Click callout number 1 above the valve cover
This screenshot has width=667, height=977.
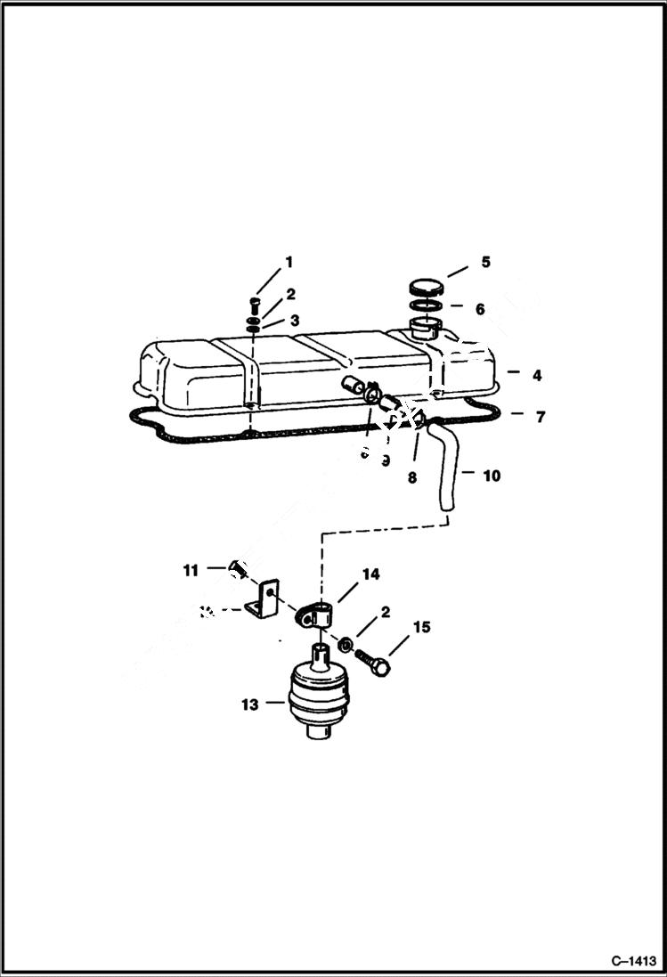(288, 262)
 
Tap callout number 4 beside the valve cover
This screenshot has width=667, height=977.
(537, 376)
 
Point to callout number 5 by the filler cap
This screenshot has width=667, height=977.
(485, 262)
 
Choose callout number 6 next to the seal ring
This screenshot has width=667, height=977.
(480, 309)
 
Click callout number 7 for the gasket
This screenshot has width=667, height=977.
(541, 416)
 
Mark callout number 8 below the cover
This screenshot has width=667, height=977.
(412, 477)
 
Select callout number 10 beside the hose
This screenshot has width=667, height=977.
(492, 476)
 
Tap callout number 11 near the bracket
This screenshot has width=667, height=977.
(191, 571)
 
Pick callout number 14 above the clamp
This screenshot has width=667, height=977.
(370, 574)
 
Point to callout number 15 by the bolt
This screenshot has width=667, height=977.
(421, 627)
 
